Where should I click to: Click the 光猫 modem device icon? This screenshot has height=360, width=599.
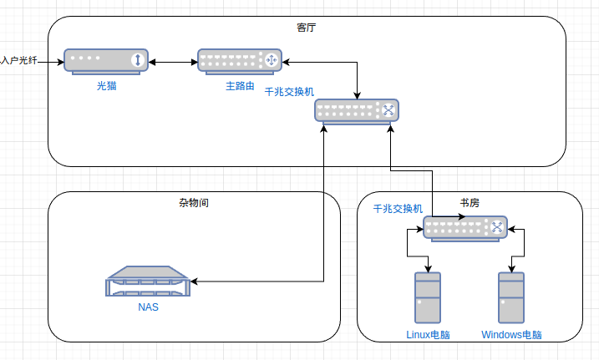[106, 61]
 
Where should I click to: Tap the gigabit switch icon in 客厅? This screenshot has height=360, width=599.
[356, 111]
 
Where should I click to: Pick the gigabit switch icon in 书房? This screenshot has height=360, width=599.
[464, 227]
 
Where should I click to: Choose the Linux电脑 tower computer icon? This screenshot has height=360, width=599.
[428, 298]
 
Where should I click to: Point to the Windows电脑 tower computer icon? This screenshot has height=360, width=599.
[511, 298]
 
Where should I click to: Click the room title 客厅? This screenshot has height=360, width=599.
[307, 28]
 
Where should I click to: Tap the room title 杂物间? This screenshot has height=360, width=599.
[194, 203]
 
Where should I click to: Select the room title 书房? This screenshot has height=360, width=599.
[470, 203]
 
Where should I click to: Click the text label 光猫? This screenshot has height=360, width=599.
[106, 85]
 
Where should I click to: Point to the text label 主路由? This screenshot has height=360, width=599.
[240, 85]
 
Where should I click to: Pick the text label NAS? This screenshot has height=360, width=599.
[149, 307]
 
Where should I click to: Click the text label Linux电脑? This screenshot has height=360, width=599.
[428, 335]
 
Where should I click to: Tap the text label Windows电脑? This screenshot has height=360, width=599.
[511, 335]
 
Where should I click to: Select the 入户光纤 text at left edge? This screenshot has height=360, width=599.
[20, 60]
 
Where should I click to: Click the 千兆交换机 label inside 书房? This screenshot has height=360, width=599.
[398, 209]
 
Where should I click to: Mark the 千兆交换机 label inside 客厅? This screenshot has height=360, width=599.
[289, 92]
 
